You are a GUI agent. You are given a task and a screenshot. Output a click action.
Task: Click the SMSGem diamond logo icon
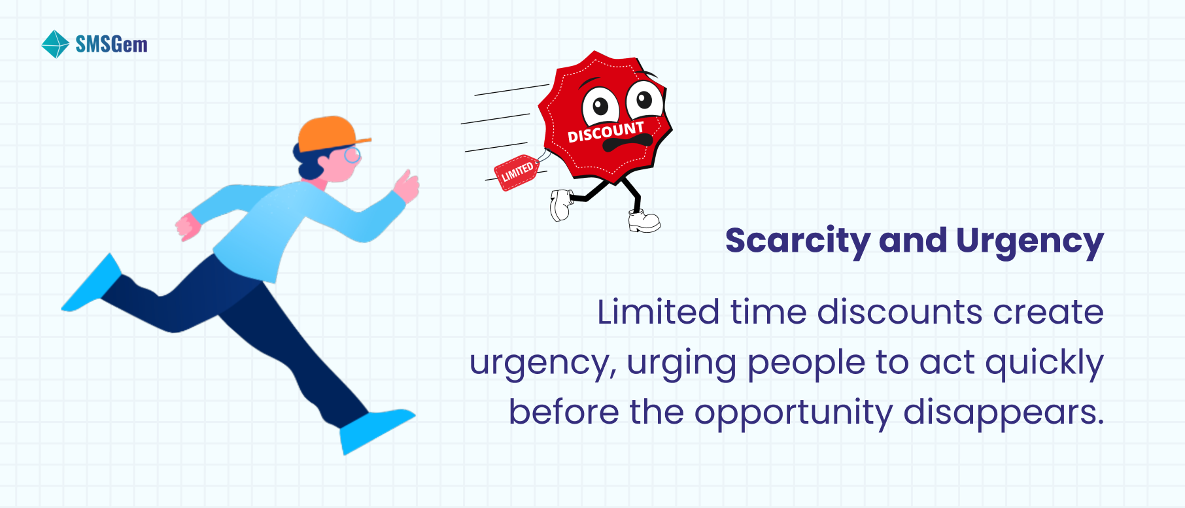(55, 44)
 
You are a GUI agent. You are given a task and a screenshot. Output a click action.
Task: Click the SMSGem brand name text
(111, 44)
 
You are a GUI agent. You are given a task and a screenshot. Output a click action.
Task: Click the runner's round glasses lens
(352, 156)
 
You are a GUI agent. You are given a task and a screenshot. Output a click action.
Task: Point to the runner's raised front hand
(407, 186)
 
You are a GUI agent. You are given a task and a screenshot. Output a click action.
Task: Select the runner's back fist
(188, 226)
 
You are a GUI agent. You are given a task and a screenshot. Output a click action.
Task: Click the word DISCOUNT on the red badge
(606, 131)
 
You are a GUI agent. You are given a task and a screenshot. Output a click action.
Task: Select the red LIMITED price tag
(517, 173)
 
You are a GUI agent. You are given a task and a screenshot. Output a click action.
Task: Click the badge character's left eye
(600, 106)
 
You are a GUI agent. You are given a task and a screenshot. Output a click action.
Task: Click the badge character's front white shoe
(644, 221)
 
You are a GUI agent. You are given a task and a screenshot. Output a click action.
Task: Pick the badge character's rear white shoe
(561, 205)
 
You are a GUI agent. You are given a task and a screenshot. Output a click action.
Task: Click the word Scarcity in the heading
(797, 241)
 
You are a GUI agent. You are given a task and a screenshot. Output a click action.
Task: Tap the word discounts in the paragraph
(899, 312)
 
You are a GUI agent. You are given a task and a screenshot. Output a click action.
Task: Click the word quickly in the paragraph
(1044, 363)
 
